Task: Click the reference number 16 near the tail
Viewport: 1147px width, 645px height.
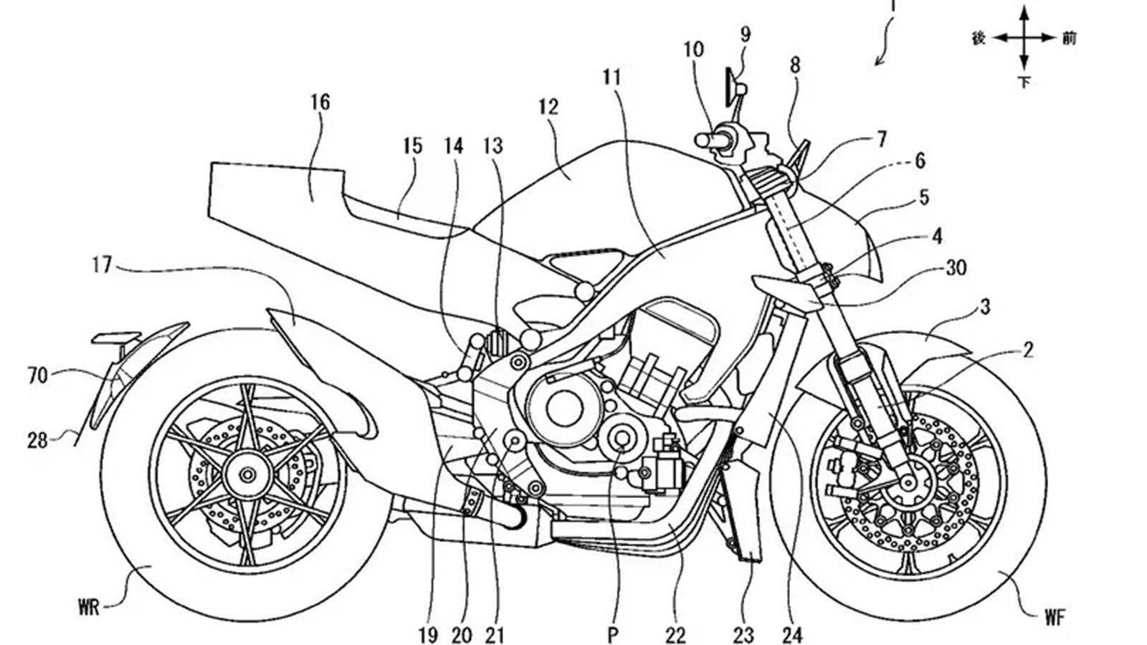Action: [x=320, y=102]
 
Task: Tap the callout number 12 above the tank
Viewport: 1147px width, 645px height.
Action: [x=548, y=107]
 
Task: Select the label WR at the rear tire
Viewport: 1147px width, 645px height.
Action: [x=90, y=608]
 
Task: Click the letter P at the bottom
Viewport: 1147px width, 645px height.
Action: [x=612, y=634]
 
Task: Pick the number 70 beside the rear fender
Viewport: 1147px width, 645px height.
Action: [x=37, y=374]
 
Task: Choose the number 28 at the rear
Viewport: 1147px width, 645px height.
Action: [x=37, y=439]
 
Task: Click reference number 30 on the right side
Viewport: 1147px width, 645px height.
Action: [x=956, y=267]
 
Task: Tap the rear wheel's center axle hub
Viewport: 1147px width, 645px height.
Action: [x=248, y=474]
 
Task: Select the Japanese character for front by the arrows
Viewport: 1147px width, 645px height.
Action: [x=1069, y=38]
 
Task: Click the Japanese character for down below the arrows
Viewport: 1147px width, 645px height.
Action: [x=1024, y=82]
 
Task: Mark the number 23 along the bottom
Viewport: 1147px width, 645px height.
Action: [x=743, y=634]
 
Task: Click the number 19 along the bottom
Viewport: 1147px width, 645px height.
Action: [x=427, y=634]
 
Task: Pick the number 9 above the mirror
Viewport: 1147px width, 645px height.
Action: [x=746, y=33]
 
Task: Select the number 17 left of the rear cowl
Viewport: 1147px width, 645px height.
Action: [x=103, y=265]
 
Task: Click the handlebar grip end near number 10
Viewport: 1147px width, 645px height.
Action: [x=701, y=140]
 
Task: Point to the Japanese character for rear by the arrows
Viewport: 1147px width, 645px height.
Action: [x=979, y=38]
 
